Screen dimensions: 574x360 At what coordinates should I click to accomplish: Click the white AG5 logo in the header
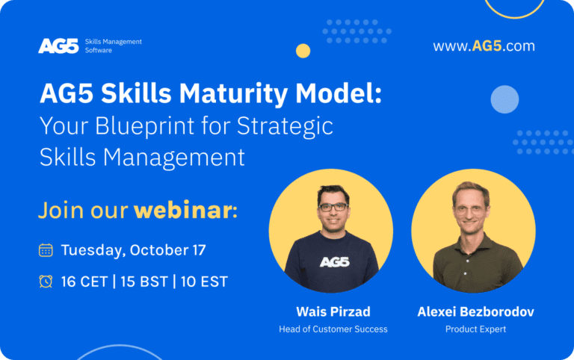coord(58,46)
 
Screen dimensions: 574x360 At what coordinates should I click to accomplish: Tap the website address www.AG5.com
coord(484,46)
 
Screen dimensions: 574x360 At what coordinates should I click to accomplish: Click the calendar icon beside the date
coord(46,250)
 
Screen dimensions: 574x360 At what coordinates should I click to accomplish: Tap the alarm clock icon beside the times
coord(46,282)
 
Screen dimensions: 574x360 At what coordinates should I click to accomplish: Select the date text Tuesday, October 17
coord(133,250)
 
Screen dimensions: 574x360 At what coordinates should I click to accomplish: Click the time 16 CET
coord(84,282)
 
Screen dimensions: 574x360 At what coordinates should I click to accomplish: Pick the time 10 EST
coord(204,282)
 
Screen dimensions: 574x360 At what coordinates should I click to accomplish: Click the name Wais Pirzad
coord(333,311)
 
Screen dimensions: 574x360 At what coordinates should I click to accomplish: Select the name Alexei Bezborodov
coord(475,311)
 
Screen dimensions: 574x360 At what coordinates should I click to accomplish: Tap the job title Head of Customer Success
coord(333,329)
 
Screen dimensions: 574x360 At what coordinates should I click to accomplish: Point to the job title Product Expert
coord(475,329)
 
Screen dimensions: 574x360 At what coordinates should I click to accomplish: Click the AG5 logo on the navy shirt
coord(335,262)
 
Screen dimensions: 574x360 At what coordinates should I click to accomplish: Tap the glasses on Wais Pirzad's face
coord(333,207)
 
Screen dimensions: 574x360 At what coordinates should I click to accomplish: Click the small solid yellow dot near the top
coord(303,51)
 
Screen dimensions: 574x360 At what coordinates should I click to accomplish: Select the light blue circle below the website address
coord(504,99)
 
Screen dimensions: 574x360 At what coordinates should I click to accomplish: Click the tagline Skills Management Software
coord(113,46)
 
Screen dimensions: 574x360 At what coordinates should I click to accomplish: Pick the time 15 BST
coord(144,282)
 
